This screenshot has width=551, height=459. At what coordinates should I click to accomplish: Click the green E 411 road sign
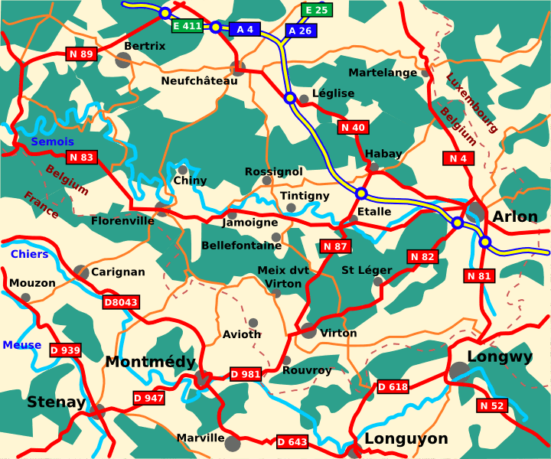(187, 26)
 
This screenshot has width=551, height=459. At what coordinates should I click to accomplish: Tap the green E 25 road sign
(316, 10)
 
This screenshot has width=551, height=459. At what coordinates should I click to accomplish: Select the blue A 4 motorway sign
(245, 29)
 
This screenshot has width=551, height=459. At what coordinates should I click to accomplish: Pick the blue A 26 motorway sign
(300, 31)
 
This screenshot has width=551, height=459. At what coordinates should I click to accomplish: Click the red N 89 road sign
(81, 54)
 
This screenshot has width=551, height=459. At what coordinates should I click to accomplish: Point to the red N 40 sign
(353, 127)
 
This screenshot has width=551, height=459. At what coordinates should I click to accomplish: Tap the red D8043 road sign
(121, 302)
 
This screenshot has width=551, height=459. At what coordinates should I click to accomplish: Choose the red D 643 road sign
(292, 441)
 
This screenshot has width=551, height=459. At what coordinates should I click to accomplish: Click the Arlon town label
(515, 216)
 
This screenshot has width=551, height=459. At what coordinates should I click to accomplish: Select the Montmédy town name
(150, 361)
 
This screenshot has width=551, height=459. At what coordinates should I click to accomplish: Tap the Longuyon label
(406, 438)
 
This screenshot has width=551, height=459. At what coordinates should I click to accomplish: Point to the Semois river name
(53, 142)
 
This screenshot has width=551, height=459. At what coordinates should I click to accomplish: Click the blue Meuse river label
(22, 345)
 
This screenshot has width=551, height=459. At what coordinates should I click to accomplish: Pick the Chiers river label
(29, 254)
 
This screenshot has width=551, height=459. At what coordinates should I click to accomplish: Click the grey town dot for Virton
(308, 330)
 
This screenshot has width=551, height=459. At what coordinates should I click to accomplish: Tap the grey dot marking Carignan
(81, 272)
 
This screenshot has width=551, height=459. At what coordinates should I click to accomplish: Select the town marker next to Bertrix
(122, 60)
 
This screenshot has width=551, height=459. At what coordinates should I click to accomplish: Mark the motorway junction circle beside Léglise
(290, 98)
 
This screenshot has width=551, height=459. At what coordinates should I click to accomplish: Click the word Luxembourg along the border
(471, 103)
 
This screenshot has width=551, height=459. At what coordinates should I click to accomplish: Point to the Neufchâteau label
(194, 80)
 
